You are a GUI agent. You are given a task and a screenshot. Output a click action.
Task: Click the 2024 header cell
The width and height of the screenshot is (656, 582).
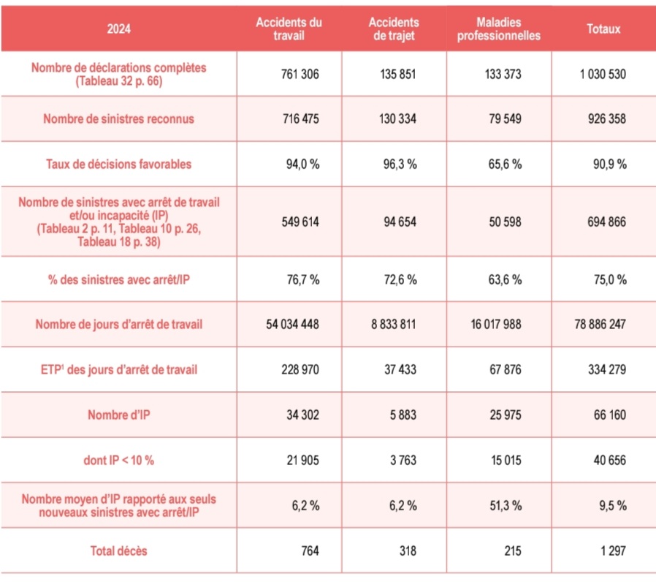[118, 29]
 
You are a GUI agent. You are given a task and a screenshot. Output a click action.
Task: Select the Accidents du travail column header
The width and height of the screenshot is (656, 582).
[290, 29]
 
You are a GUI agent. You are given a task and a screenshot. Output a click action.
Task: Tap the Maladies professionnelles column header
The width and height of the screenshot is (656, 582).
[499, 29]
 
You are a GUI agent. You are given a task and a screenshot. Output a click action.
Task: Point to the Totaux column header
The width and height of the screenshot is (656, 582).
[603, 29]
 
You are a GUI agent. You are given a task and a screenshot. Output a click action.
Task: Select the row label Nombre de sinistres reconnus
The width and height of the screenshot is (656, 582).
[118, 118]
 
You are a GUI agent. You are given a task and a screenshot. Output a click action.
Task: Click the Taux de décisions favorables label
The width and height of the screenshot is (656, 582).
[118, 165]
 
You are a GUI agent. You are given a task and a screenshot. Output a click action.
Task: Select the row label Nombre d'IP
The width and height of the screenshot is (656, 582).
[118, 415]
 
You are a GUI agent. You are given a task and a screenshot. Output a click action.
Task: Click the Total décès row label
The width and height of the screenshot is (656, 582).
[118, 551]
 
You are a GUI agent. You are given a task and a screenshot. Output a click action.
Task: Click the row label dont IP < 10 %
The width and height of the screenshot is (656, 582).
[118, 460]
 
